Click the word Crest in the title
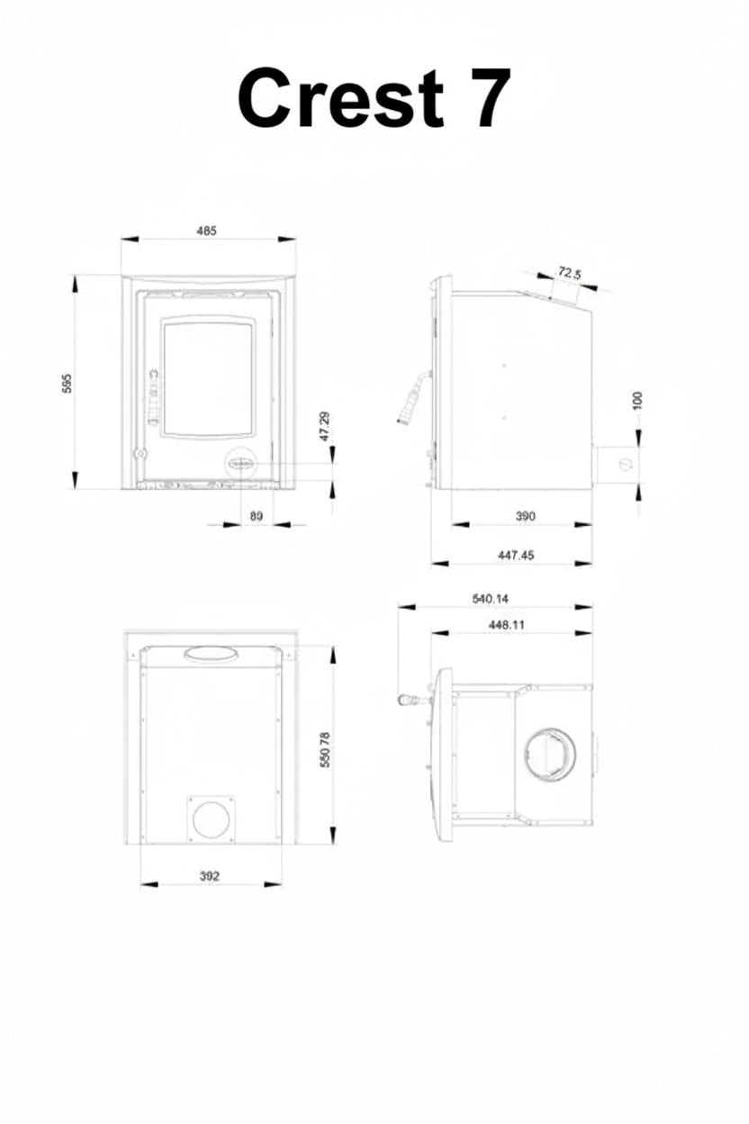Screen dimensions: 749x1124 pyautogui.click(x=340, y=97)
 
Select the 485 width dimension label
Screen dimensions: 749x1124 pyautogui.click(x=206, y=231)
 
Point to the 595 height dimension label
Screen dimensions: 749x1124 pyautogui.click(x=68, y=383)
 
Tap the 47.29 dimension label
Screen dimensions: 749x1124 pyautogui.click(x=325, y=427)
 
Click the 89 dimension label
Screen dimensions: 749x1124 pyautogui.click(x=256, y=516)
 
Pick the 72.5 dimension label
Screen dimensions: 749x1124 pyautogui.click(x=569, y=274)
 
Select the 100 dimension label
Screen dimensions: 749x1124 pyautogui.click(x=637, y=400)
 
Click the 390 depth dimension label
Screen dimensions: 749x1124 pyautogui.click(x=525, y=516)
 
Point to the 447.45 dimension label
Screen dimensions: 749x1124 pyautogui.click(x=516, y=555)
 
